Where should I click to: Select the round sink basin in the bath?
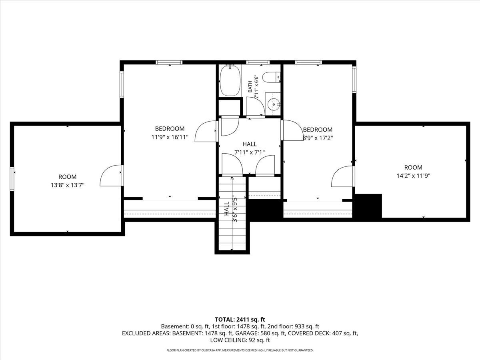click(x=273, y=104)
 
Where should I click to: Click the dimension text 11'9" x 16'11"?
click(x=170, y=137)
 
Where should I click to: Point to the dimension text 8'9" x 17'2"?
click(x=318, y=138)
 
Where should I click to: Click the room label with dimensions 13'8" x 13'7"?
click(x=68, y=181)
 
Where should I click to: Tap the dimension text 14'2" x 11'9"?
click(x=413, y=176)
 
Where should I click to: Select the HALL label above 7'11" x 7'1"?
click(x=250, y=144)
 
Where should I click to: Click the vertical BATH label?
click(x=250, y=86)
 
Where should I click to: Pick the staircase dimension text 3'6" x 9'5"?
click(x=235, y=209)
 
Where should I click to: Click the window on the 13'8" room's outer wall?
click(x=12, y=179)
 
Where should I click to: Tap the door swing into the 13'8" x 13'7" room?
click(x=110, y=176)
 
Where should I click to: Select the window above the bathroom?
click(x=258, y=62)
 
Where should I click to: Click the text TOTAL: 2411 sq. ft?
click(x=240, y=320)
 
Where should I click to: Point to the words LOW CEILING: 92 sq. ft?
click(x=240, y=340)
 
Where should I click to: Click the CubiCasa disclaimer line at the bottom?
click(x=240, y=350)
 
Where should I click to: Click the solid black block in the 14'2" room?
click(x=368, y=206)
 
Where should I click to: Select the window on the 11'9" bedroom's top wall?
click(x=169, y=62)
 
